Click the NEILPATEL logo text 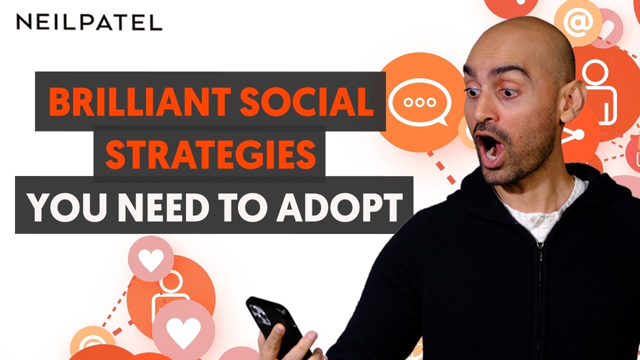pyautogui.click(x=89, y=22)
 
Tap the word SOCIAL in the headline pyautogui.click(x=306, y=102)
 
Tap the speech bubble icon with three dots pyautogui.click(x=419, y=102)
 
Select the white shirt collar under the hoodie pyautogui.click(x=540, y=211)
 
